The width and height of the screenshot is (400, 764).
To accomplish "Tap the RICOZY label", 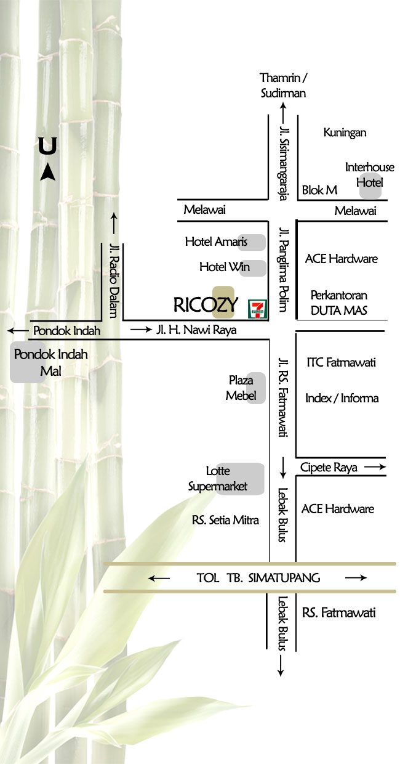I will (206, 304).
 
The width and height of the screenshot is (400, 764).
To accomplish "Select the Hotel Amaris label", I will (216, 242).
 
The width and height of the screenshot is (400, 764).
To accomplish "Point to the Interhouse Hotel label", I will (370, 175).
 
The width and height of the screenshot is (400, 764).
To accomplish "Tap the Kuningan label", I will (345, 132).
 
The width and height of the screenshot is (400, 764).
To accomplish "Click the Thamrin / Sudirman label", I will (283, 86).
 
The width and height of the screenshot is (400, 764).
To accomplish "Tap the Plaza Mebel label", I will (241, 388).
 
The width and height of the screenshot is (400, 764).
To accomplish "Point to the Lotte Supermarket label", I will (218, 479).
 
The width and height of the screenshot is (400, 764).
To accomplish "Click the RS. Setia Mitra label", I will (225, 520).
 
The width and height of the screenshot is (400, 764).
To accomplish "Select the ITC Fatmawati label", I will (341, 362).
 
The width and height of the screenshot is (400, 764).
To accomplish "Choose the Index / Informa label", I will (342, 398).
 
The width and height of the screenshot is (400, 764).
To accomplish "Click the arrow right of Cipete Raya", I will (375, 468).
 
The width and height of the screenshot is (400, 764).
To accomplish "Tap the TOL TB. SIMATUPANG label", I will (258, 578).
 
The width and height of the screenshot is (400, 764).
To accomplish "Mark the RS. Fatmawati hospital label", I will (338, 612).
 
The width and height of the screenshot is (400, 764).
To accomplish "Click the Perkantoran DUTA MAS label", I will (338, 303).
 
